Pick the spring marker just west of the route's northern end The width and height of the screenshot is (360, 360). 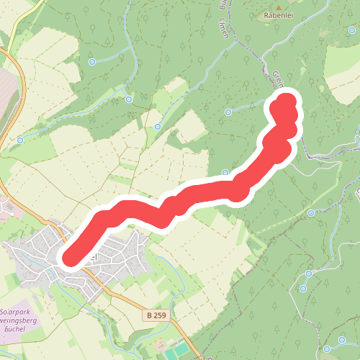pos(228,112)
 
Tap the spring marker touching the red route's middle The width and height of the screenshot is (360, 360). pos(225,173)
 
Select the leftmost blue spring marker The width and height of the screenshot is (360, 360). pos(21,140)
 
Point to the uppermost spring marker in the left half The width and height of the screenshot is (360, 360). pos(92,62)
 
